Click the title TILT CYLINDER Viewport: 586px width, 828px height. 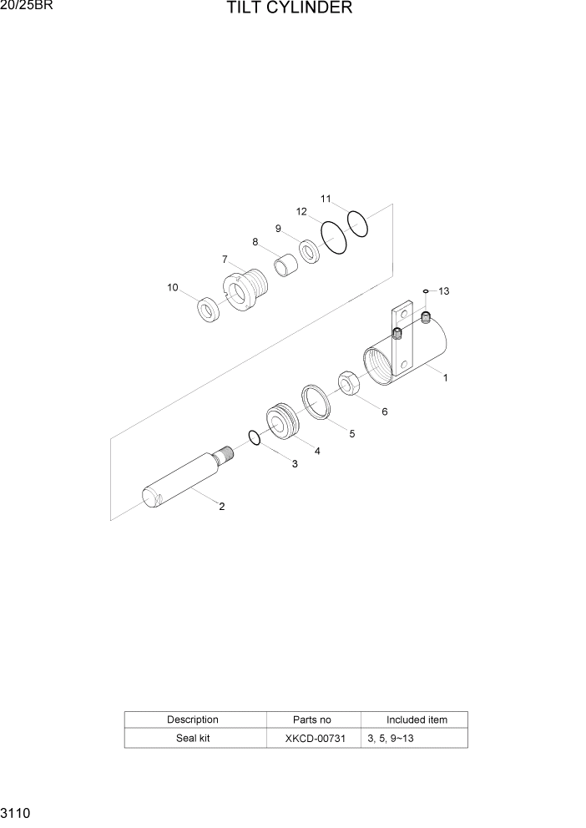coord(289,9)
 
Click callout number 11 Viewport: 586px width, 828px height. coord(326,199)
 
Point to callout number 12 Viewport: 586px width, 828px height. coord(302,211)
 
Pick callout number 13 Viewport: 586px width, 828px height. coord(444,291)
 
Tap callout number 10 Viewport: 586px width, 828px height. coord(173,287)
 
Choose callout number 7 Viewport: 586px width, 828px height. coord(225,259)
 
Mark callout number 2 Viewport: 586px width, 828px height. coord(221,506)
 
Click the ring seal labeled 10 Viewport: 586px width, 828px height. coord(207,310)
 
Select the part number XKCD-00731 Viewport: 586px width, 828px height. coord(313,739)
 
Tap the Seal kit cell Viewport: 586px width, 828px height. coord(193,739)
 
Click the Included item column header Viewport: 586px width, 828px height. coord(416,719)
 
